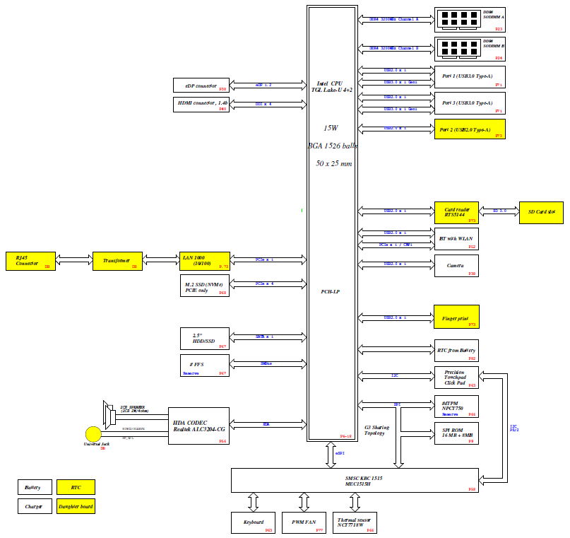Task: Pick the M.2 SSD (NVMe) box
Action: coord(205,286)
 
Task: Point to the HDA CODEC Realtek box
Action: coord(198,426)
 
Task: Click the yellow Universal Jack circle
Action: coord(93,434)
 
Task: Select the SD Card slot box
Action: coord(541,211)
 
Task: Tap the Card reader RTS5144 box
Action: coord(456,214)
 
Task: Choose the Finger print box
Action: coord(456,317)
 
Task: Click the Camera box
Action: coord(456,266)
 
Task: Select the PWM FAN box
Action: coord(304,522)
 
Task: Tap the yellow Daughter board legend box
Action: coord(76,505)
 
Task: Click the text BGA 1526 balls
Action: coord(333,146)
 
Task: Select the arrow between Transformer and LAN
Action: coord(161,261)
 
